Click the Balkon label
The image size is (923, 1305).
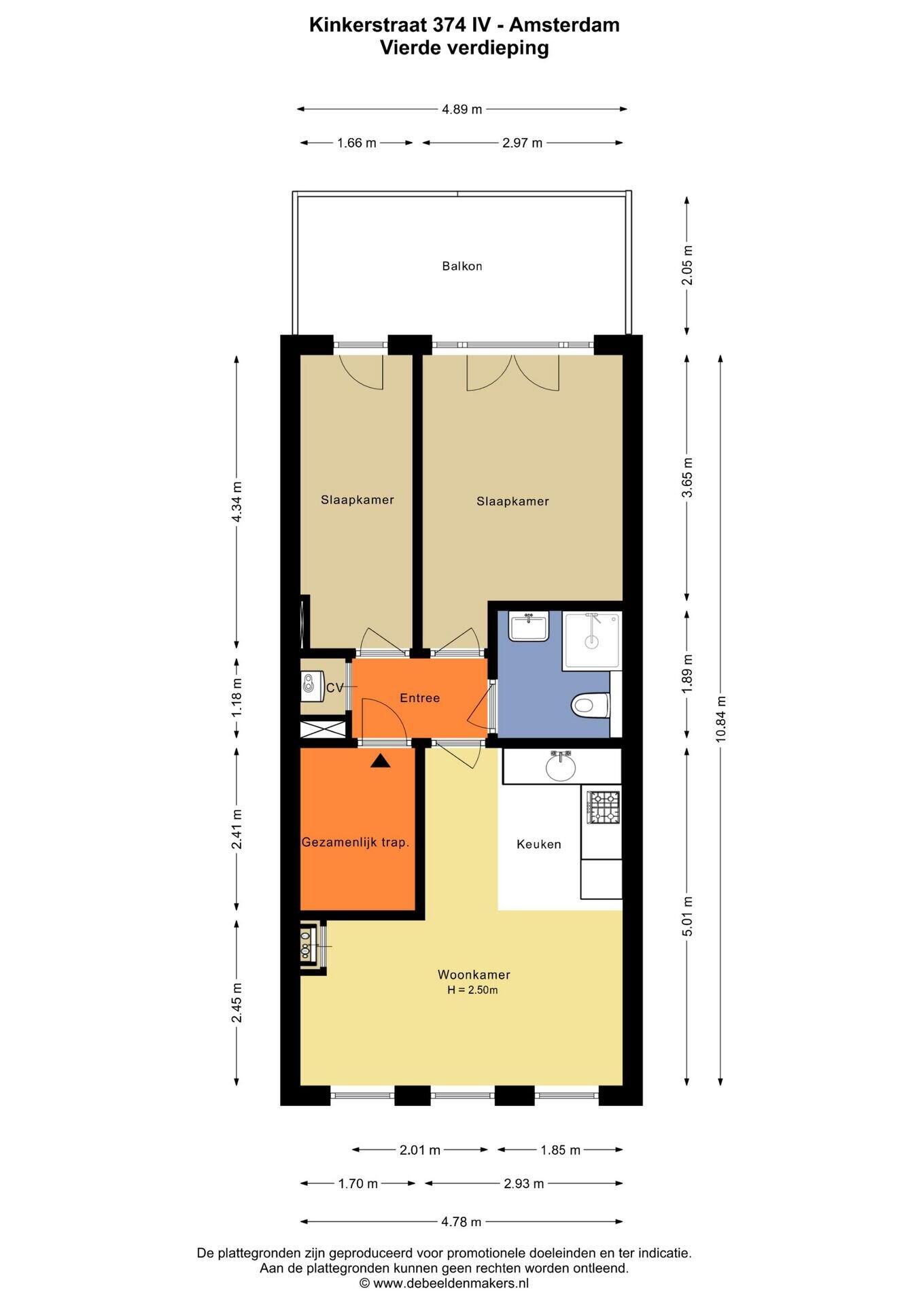click(x=462, y=266)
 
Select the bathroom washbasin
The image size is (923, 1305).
click(x=529, y=626)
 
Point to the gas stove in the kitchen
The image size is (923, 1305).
click(x=604, y=806)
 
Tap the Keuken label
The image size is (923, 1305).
click(x=539, y=844)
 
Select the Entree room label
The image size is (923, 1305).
click(x=420, y=698)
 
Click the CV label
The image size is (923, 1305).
click(x=334, y=688)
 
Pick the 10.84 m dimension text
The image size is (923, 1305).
click(x=721, y=718)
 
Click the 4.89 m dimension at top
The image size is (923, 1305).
click(x=462, y=109)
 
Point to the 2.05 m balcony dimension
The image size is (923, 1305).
click(x=687, y=266)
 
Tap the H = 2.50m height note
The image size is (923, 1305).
click(x=472, y=990)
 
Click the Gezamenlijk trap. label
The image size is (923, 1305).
click(x=355, y=842)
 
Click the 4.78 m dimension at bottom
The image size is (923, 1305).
click(x=461, y=1221)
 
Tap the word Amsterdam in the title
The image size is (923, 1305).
click(x=564, y=25)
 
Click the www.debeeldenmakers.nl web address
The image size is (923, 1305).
click(x=451, y=1283)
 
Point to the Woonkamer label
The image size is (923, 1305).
click(x=474, y=975)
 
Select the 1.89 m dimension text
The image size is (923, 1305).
click(x=687, y=674)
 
